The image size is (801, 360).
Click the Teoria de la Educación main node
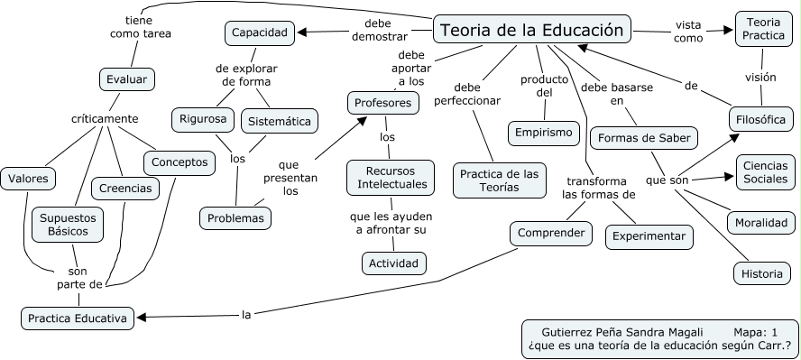(x=532, y=30)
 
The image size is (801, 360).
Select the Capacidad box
(x=260, y=33)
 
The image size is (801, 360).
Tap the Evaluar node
(x=126, y=79)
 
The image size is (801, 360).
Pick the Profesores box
(x=383, y=103)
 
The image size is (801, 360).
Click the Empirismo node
(x=543, y=133)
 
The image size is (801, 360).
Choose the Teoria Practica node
(x=763, y=28)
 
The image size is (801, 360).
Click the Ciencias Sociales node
(x=766, y=171)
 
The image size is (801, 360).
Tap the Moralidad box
(x=761, y=222)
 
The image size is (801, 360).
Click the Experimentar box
(x=649, y=236)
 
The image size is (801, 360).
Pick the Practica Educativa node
(x=78, y=318)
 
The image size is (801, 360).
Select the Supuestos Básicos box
(x=68, y=224)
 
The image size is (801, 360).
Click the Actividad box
(x=393, y=263)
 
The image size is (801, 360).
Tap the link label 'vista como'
(x=688, y=32)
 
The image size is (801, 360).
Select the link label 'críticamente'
(x=105, y=118)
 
